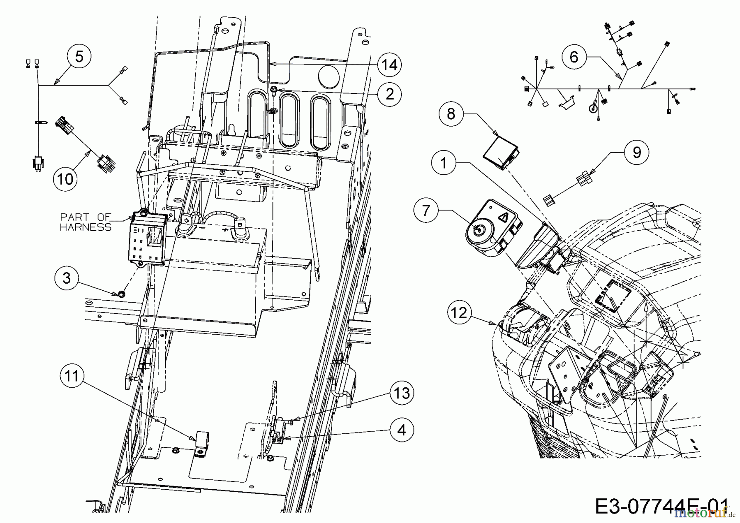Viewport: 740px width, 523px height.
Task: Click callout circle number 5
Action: pyautogui.click(x=79, y=56)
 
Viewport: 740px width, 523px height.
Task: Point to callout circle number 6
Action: pyautogui.click(x=573, y=57)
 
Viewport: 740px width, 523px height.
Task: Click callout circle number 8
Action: pyautogui.click(x=451, y=113)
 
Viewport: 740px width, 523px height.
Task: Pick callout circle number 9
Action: pyautogui.click(x=636, y=153)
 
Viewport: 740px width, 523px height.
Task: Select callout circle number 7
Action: pyautogui.click(x=426, y=211)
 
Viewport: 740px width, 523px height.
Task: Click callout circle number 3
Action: pyautogui.click(x=67, y=278)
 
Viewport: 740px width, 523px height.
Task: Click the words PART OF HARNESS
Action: pyautogui.click(x=86, y=222)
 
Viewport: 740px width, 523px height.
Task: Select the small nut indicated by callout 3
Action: pyautogui.click(x=121, y=294)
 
